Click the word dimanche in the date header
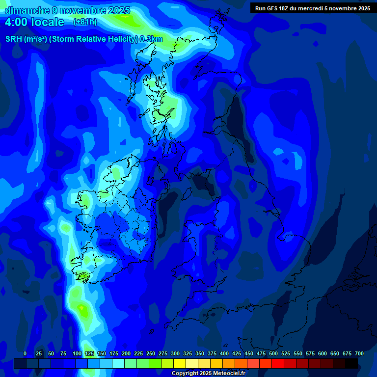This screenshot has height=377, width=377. coord(26,10)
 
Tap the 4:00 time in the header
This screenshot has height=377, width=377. coord(17,22)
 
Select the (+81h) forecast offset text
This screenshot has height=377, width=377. coord(85,22)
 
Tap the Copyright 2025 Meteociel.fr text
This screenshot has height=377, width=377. coord(208,373)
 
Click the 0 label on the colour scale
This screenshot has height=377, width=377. coord(25,353)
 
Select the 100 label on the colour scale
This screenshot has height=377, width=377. coord(77,353)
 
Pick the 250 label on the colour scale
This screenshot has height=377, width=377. coord(151,353)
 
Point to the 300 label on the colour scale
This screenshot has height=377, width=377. coord(175,353)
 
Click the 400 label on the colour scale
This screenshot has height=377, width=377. coord(224,353)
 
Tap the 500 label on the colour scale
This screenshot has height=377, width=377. coord(273,353)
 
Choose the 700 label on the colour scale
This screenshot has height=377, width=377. coord(359,353)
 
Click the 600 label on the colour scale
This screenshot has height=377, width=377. coord(323,353)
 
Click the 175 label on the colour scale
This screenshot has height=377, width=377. coord(114,353)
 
